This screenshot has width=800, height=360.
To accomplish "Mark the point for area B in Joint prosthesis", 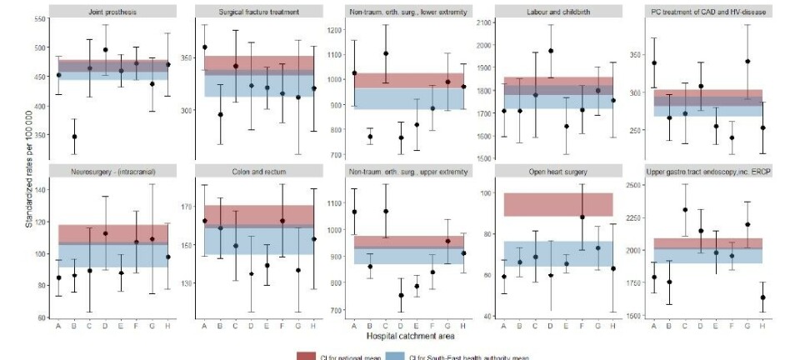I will click(74, 137).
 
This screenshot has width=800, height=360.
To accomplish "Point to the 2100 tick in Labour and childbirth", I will click(482, 22).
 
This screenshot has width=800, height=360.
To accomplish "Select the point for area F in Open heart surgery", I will click(582, 217).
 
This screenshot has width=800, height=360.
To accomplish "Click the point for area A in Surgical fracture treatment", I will click(205, 47).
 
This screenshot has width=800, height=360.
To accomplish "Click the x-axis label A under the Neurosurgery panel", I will click(58, 325).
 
